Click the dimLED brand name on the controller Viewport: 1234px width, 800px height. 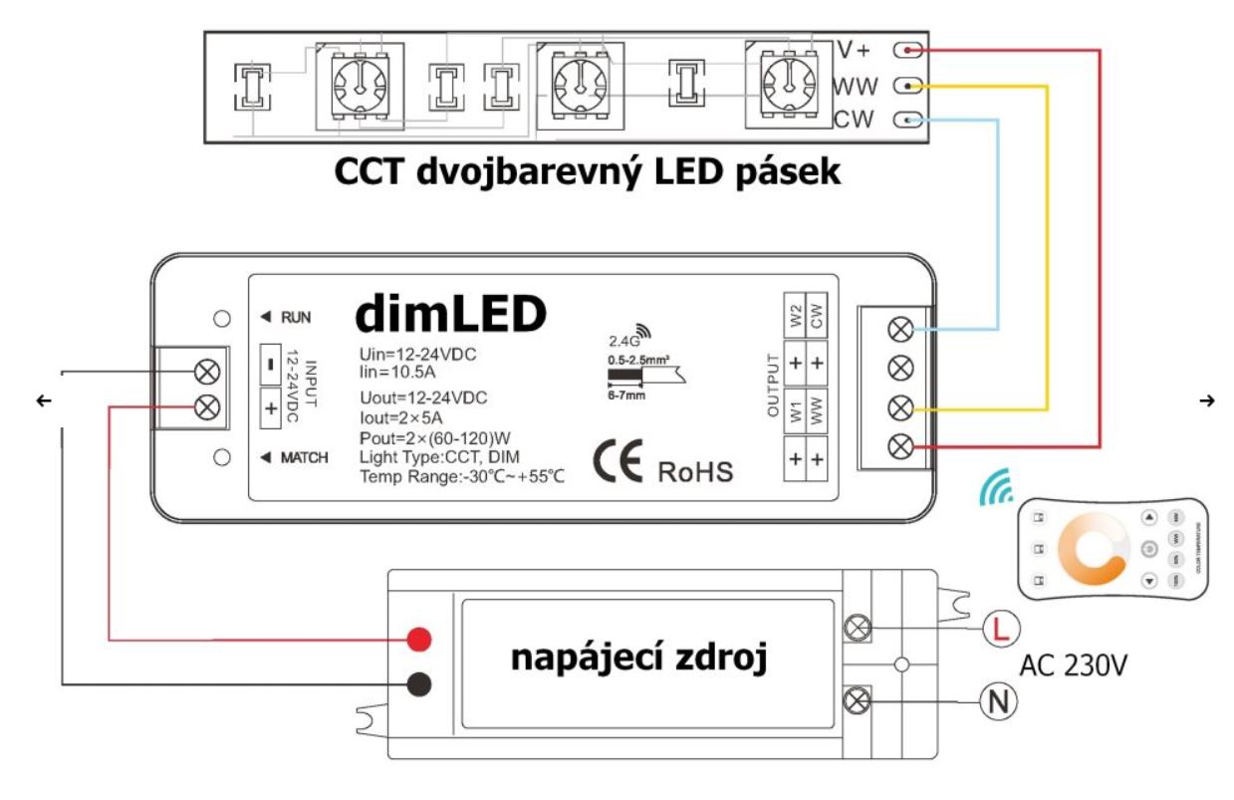[452, 314]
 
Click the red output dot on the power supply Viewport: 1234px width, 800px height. [420, 638]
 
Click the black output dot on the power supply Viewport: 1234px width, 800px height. [420, 684]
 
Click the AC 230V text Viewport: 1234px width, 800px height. [1074, 665]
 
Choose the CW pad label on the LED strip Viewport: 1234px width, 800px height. [854, 121]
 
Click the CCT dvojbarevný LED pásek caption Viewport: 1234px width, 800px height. [588, 172]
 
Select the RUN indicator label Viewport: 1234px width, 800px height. [290, 318]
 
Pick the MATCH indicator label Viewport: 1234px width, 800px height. [297, 459]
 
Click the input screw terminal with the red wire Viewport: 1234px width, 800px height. [208, 406]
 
